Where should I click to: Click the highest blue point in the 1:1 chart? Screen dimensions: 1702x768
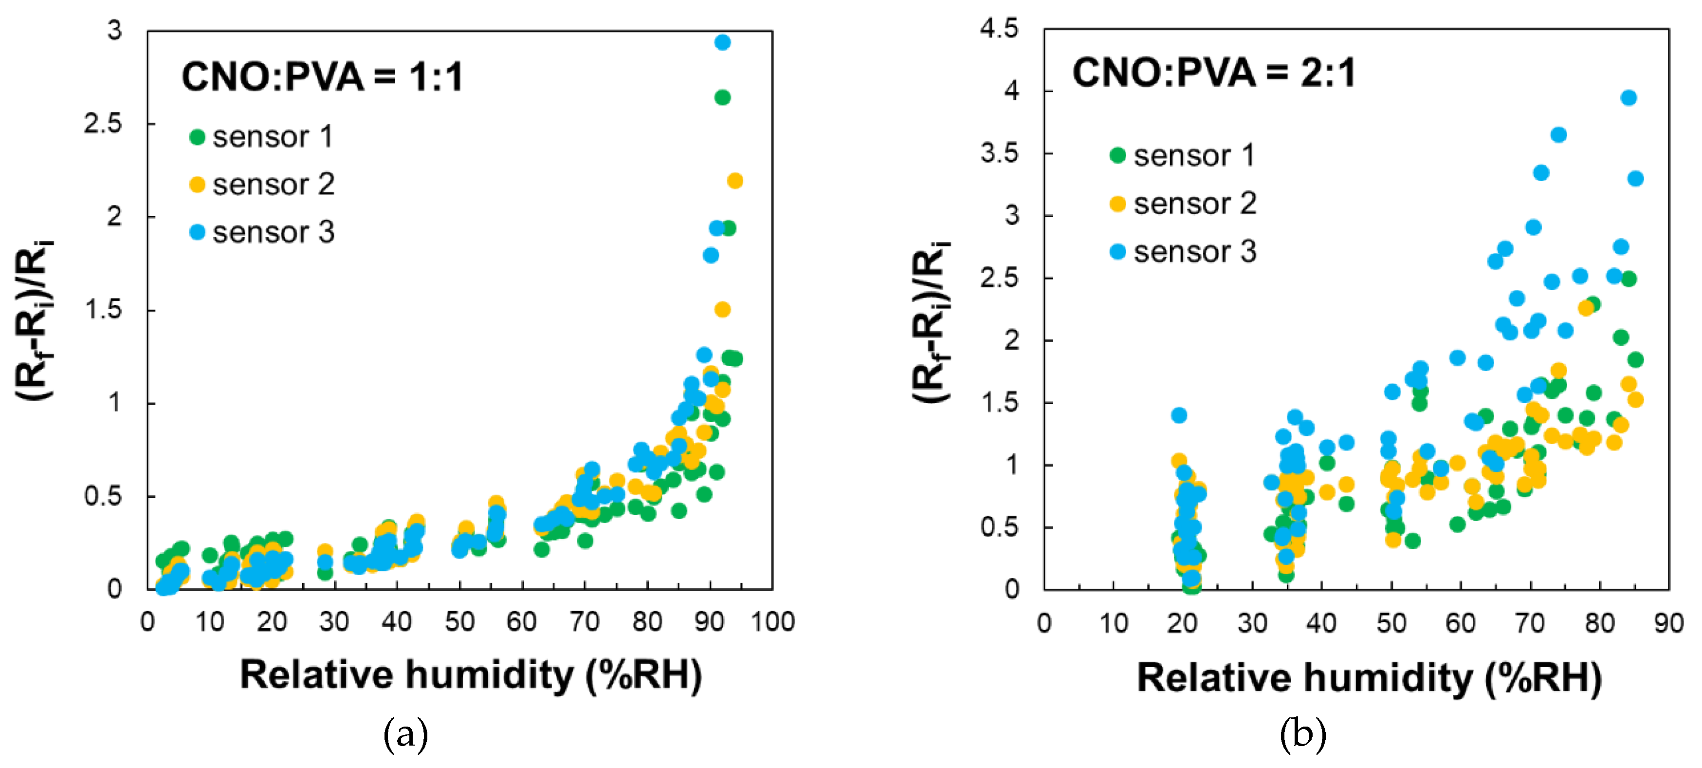pyautogui.click(x=722, y=42)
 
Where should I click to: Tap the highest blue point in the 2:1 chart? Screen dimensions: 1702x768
pyautogui.click(x=1629, y=98)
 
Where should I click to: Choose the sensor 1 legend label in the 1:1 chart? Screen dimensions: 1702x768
pyautogui.click(x=272, y=137)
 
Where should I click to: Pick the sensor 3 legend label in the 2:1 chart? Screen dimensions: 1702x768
pyautogui.click(x=1194, y=252)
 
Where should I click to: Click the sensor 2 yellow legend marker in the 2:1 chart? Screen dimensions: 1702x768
pyautogui.click(x=1117, y=204)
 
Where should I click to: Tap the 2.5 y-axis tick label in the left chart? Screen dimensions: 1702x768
pyautogui.click(x=103, y=124)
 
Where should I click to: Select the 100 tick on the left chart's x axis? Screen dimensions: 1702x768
pyautogui.click(x=772, y=622)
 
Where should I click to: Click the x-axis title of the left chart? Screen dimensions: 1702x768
pyautogui.click(x=471, y=675)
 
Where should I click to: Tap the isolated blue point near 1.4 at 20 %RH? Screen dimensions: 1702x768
pyautogui.click(x=1179, y=415)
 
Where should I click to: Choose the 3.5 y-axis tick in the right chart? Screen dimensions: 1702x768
pyautogui.click(x=999, y=153)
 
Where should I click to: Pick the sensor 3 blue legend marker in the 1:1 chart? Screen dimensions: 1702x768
pyautogui.click(x=197, y=232)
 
